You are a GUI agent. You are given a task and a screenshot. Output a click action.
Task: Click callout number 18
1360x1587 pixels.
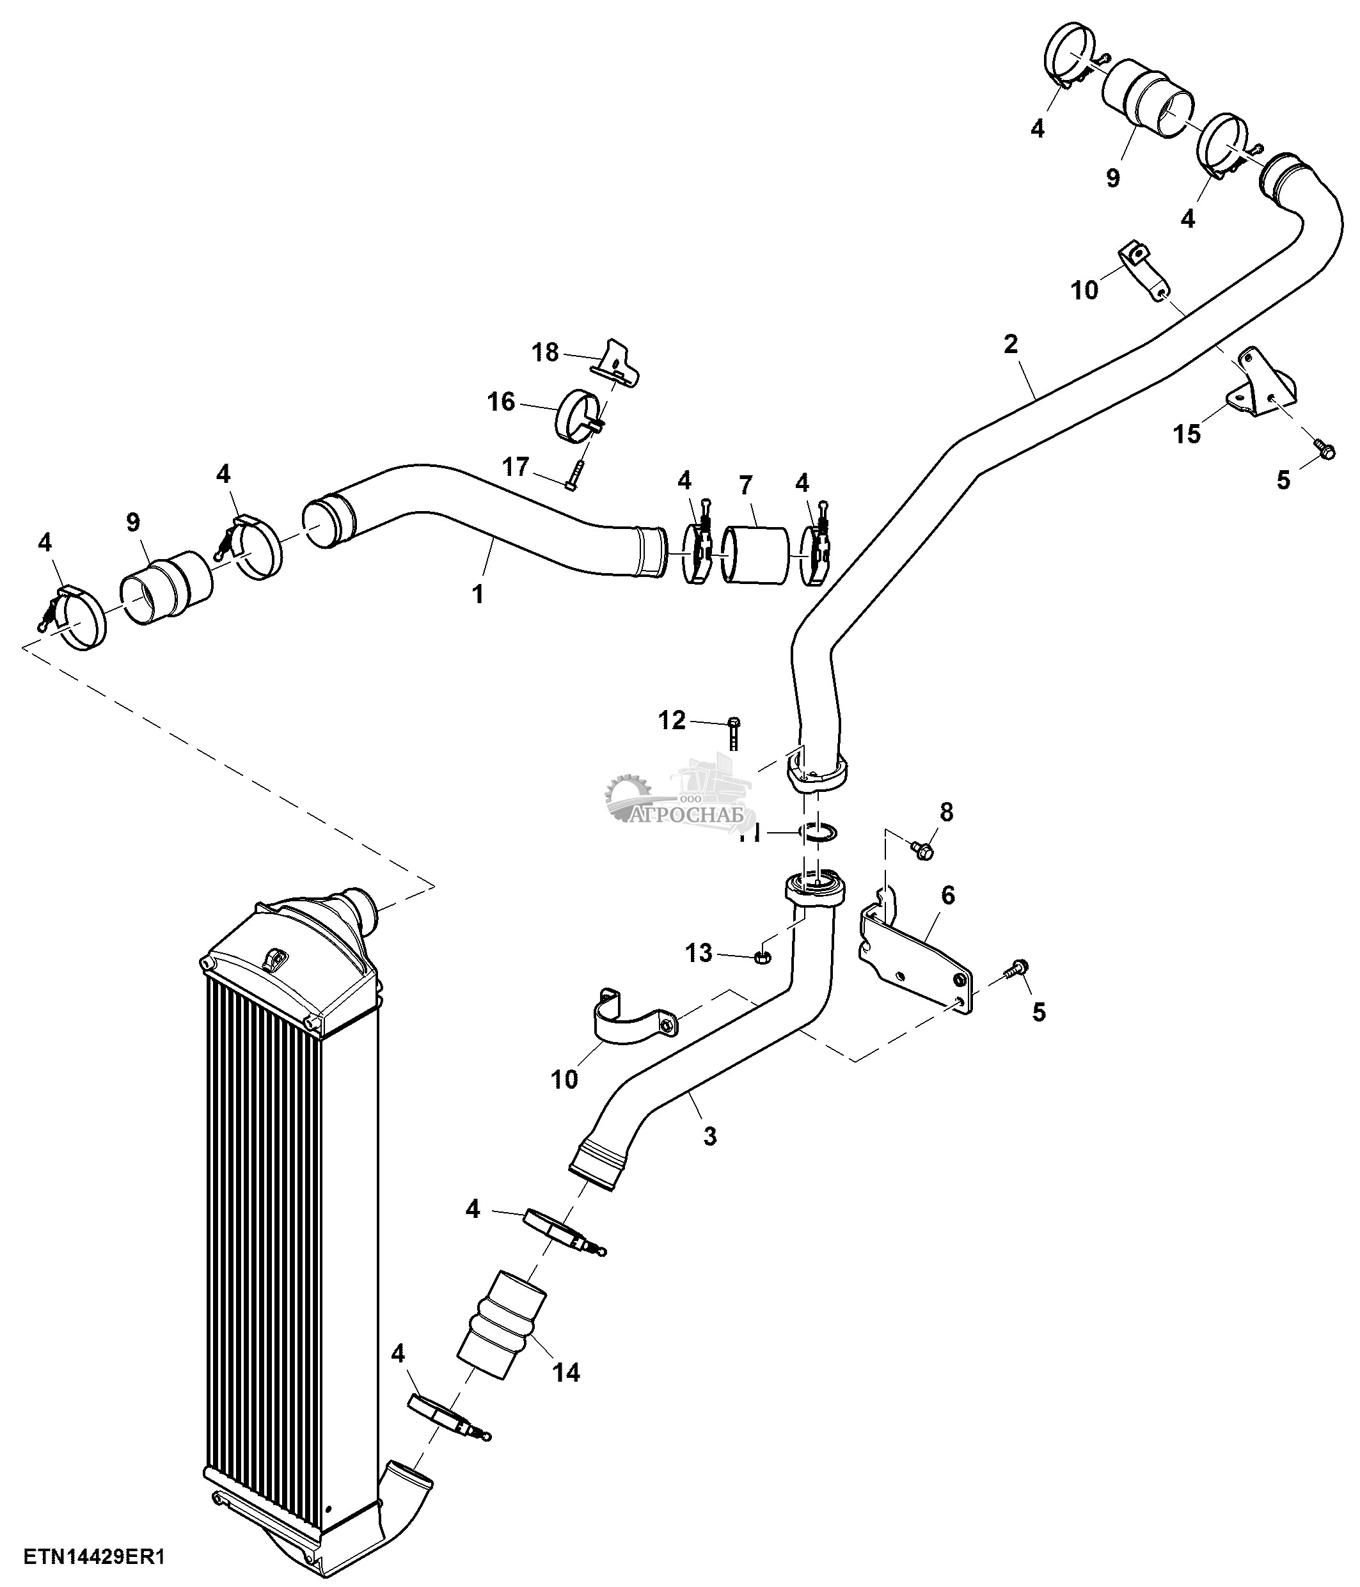coord(545,352)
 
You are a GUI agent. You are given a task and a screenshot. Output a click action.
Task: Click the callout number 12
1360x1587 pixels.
coord(672,720)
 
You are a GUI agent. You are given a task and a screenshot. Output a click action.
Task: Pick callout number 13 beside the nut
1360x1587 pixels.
coord(699,953)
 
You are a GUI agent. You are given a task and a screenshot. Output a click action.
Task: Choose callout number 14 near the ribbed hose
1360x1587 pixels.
coord(566,1372)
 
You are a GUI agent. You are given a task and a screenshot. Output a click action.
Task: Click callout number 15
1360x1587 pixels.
coord(1187,434)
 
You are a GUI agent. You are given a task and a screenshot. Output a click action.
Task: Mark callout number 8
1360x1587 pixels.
coord(947,812)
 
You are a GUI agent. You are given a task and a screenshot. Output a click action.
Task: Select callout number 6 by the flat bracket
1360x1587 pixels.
coord(948,895)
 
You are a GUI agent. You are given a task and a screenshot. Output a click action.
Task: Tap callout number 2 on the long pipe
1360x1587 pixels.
coord(1011,345)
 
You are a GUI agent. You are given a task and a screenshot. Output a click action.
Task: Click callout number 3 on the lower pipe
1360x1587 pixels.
coord(710,1136)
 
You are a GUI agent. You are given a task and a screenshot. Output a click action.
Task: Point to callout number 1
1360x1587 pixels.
coord(478,594)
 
